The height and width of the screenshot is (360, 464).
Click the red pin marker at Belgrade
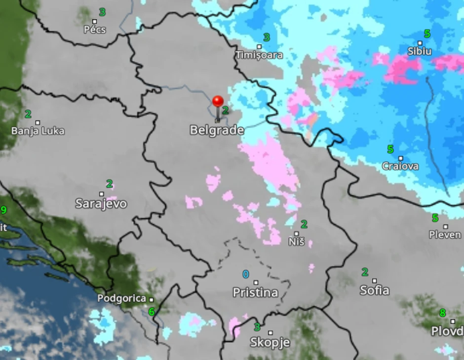218,102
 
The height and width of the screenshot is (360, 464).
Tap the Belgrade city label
217,130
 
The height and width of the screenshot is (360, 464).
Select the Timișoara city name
259,55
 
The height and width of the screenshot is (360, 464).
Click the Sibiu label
420,51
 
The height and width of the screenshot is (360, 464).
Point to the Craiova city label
400,166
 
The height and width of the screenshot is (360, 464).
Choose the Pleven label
445,235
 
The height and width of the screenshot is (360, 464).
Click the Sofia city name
374,290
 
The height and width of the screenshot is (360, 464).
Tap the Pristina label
255,292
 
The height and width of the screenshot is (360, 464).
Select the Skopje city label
270,342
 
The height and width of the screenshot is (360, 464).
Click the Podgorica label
121,298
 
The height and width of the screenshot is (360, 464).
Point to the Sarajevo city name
101,204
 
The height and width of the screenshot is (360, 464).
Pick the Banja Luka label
38,131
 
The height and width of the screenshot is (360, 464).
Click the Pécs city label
95,30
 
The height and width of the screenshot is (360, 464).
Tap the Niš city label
296,242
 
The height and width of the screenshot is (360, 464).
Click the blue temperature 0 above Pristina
246,274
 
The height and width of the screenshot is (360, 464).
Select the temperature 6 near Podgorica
152,312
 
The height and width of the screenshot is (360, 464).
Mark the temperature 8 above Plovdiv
443,313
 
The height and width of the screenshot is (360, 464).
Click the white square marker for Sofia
374,281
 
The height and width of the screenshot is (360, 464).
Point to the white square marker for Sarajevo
102,194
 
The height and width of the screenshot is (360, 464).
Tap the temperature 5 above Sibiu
427,34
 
